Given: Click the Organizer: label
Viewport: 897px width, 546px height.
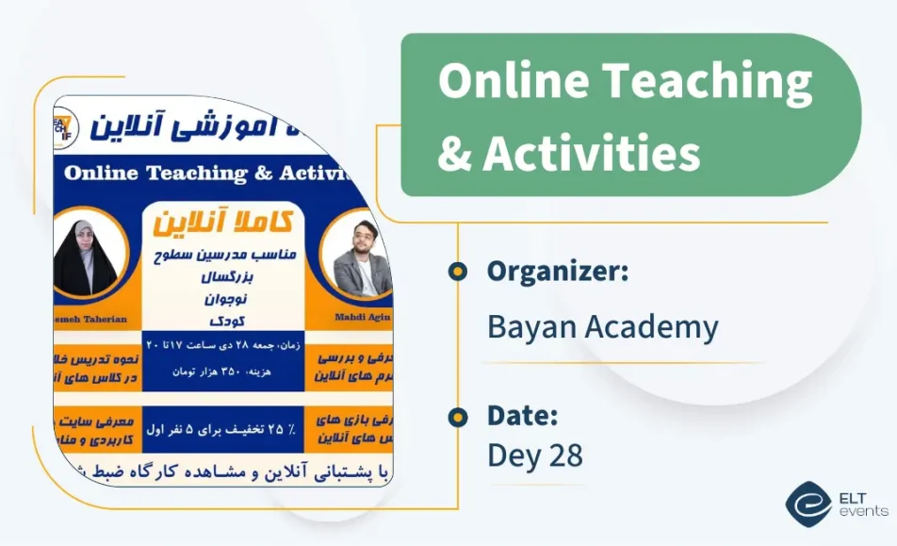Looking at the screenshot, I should point(558,272).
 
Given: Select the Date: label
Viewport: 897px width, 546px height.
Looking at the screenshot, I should point(522,416).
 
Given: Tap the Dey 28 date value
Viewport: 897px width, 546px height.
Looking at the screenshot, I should point(534,455).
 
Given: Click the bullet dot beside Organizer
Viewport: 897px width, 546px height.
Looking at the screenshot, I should point(458,272).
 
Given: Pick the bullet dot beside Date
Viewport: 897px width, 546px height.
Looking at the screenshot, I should point(458,416).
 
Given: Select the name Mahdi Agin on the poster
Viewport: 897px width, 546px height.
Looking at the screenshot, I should point(363,317).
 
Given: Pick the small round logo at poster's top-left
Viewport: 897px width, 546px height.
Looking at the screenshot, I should point(65,125).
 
